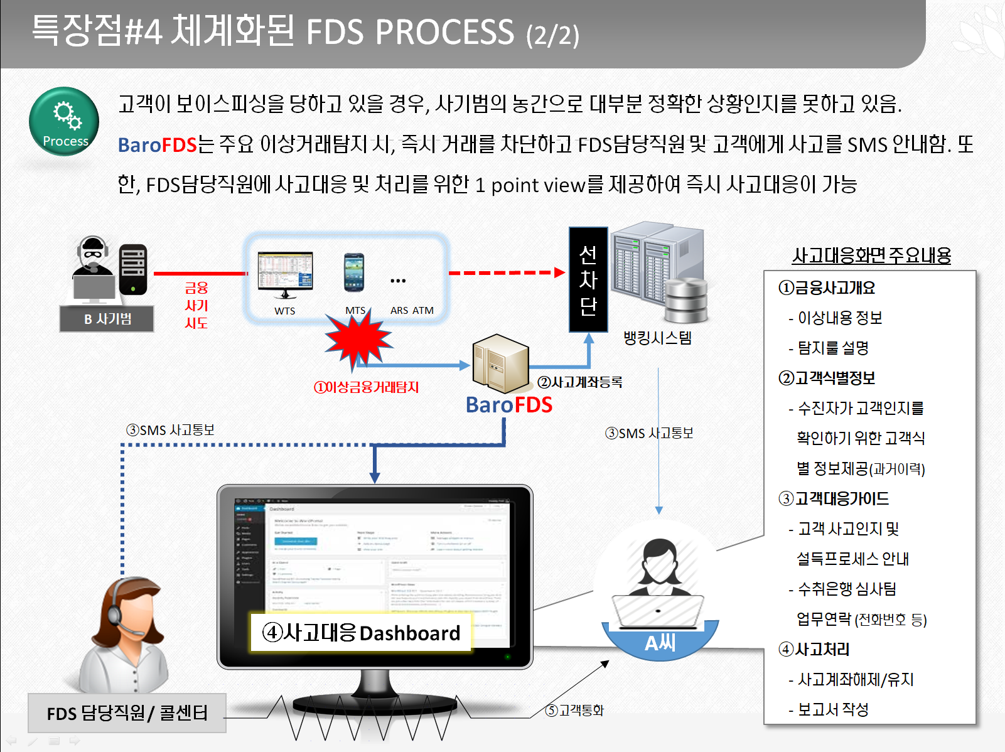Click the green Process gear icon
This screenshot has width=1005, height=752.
click(64, 121)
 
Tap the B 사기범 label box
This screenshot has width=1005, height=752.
click(107, 319)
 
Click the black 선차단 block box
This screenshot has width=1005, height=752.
click(588, 279)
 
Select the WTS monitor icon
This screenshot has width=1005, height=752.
click(285, 275)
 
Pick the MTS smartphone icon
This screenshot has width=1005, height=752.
click(354, 272)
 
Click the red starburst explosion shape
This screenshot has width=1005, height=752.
click(358, 339)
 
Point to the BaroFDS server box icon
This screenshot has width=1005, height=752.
click(500, 364)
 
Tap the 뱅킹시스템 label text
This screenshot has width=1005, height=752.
click(657, 338)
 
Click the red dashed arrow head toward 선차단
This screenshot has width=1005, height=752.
click(559, 272)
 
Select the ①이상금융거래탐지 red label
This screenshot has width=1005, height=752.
click(367, 387)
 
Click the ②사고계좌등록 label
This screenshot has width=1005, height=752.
click(580, 382)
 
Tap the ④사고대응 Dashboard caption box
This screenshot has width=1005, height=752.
click(361, 632)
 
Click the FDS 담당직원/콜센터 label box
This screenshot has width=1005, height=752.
click(127, 713)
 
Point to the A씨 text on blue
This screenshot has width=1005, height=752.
click(660, 643)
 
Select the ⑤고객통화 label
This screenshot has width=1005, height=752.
click(574, 710)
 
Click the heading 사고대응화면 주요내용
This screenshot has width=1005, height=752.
click(871, 255)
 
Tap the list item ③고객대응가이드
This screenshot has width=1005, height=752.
click(834, 498)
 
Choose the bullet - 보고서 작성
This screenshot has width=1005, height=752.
click(829, 709)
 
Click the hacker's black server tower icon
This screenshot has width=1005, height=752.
click(133, 269)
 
